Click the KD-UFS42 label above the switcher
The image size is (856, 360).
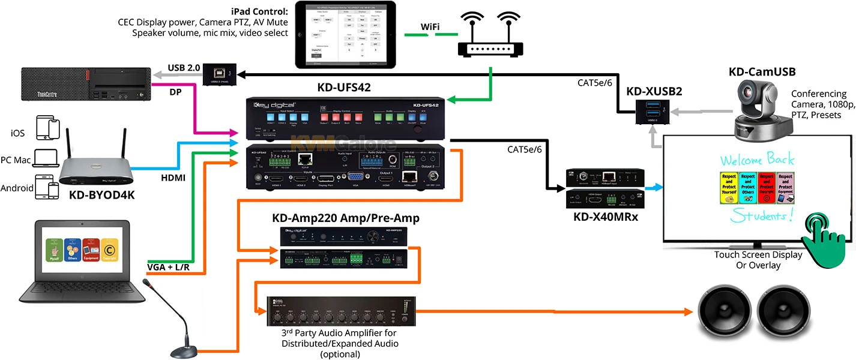pyautogui.click(x=344, y=88)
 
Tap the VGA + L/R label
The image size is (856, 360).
pyautogui.click(x=169, y=266)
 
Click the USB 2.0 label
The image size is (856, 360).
pyautogui.click(x=184, y=68)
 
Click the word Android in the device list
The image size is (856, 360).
pyautogui.click(x=17, y=188)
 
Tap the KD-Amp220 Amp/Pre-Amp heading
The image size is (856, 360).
pyautogui.click(x=346, y=218)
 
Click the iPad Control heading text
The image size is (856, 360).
pyautogui.click(x=259, y=11)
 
